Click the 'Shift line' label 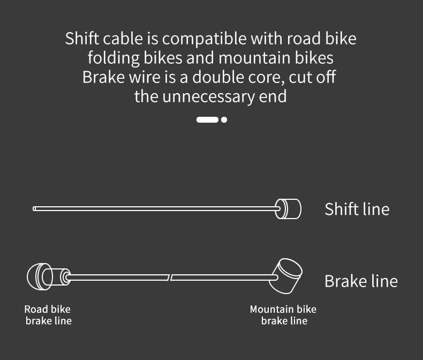(x=357, y=209)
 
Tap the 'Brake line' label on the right (x=361, y=281)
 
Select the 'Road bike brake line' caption (x=48, y=315)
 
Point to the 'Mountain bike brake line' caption (x=283, y=315)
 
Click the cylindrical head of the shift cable (x=289, y=208)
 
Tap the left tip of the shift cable (x=35, y=208)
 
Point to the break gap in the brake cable (x=170, y=277)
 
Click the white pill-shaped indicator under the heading (x=207, y=119)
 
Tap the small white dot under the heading (x=224, y=119)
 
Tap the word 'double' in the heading (x=221, y=77)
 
